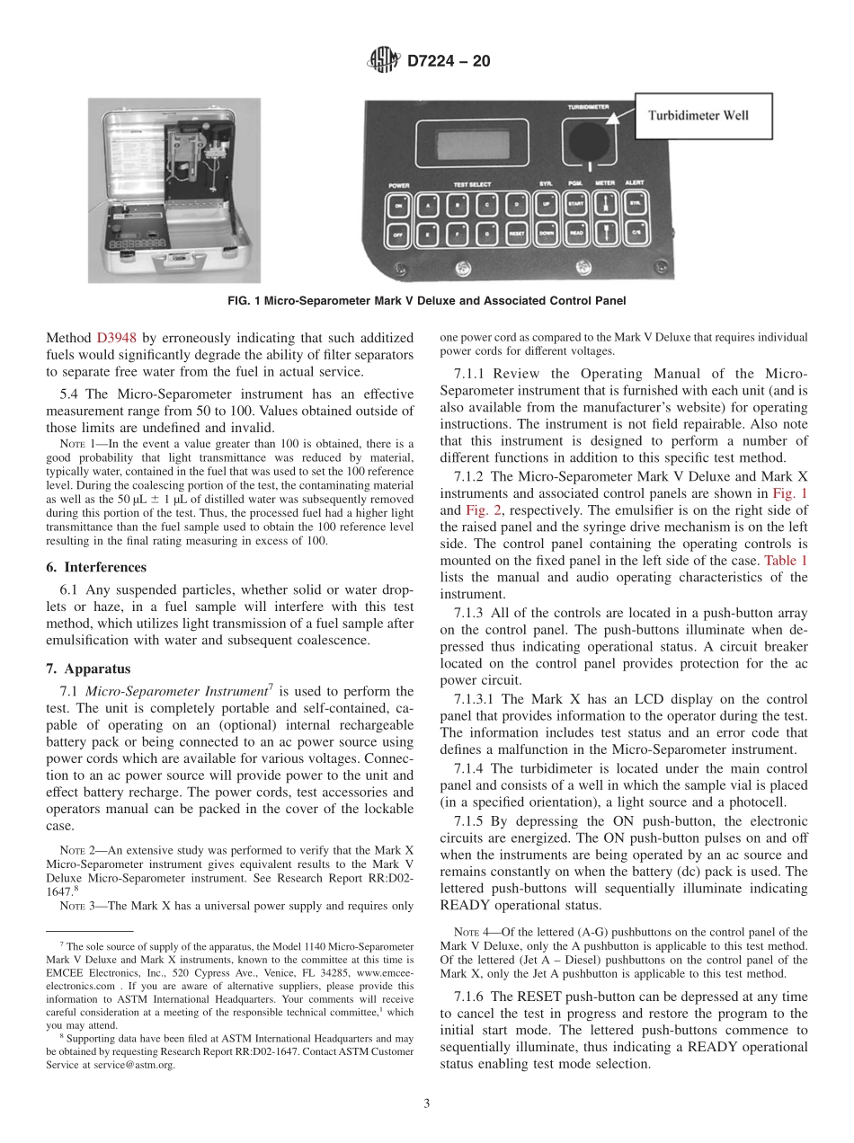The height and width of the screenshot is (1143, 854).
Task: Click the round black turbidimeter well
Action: point(588,142)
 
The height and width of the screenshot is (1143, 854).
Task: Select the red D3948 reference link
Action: point(116,338)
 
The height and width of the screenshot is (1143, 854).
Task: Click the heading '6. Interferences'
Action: point(96,567)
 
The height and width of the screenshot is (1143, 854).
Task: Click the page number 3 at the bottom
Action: point(427,1103)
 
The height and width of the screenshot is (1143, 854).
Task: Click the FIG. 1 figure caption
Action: point(427,300)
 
